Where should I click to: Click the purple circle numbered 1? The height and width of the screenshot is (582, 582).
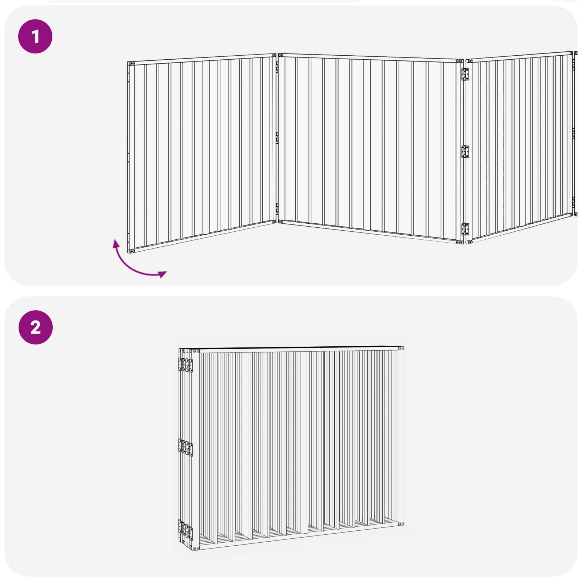[x=35, y=36]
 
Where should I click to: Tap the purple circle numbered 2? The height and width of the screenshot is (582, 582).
[x=35, y=327]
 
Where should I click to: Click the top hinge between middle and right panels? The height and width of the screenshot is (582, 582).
[x=465, y=75]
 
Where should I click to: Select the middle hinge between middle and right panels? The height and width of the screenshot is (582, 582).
[x=465, y=151]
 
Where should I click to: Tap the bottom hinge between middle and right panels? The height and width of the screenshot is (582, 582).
[x=465, y=229]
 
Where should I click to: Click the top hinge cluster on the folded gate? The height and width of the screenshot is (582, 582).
[x=186, y=365]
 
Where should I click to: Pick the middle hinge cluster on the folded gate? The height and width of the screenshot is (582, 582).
[x=186, y=447]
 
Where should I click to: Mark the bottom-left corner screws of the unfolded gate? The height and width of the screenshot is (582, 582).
[x=132, y=251]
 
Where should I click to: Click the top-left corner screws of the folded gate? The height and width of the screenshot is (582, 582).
[x=196, y=351]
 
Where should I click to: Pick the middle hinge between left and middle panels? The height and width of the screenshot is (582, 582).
[x=277, y=138]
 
